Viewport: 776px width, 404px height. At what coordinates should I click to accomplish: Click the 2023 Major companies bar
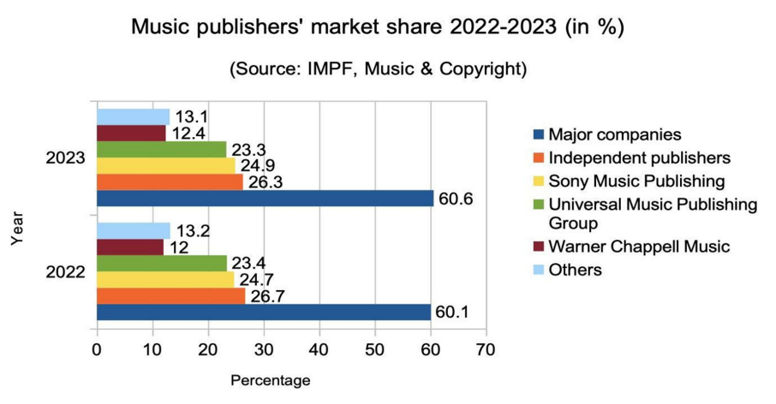point(265,198)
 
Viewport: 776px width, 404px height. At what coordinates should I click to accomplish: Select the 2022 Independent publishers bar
point(170,295)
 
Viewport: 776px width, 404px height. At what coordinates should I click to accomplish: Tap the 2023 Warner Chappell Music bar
point(131,133)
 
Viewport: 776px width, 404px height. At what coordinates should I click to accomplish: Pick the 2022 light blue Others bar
point(134,230)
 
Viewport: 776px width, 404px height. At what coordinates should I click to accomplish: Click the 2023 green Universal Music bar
point(161,149)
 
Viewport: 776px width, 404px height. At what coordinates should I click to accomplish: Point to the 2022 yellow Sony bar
point(165,279)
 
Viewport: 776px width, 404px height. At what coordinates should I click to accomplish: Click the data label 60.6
point(456,199)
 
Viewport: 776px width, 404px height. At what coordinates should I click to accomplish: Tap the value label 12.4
point(187,134)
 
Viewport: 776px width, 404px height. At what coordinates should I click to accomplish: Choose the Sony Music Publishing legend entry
point(636,181)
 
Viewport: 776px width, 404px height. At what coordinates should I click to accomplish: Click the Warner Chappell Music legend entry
point(639,247)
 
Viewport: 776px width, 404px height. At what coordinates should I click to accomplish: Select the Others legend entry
point(575,270)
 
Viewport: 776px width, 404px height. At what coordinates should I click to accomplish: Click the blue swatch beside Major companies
point(538,135)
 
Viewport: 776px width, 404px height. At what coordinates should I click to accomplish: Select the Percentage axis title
point(271,378)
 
